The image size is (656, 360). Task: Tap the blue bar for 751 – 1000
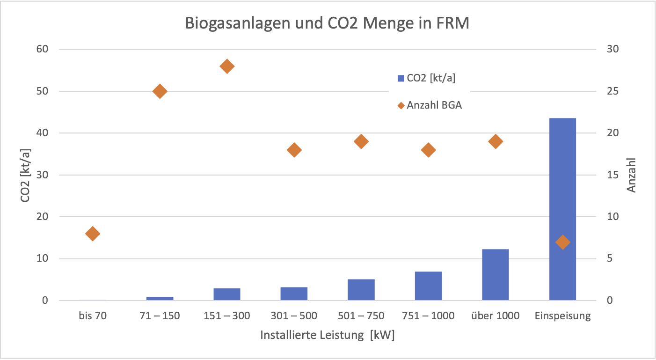(428, 286)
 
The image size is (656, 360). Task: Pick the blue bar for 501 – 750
(361, 290)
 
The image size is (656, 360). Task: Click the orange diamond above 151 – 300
(227, 66)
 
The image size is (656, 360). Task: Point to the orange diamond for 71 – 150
(160, 91)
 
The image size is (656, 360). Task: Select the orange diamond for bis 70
(93, 234)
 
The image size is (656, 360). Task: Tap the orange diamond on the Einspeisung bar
(562, 242)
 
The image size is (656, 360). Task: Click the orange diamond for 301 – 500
(294, 150)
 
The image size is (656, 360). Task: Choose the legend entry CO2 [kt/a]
(426, 78)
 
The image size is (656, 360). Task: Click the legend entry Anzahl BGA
(429, 105)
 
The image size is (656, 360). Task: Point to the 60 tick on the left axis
(43, 49)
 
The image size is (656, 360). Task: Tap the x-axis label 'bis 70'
(93, 316)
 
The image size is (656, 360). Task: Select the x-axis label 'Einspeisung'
(562, 316)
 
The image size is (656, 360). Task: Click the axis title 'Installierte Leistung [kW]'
(327, 336)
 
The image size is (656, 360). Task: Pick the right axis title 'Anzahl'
(632, 175)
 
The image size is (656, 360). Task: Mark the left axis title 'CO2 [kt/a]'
(25, 175)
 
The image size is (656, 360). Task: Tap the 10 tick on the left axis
(43, 258)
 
